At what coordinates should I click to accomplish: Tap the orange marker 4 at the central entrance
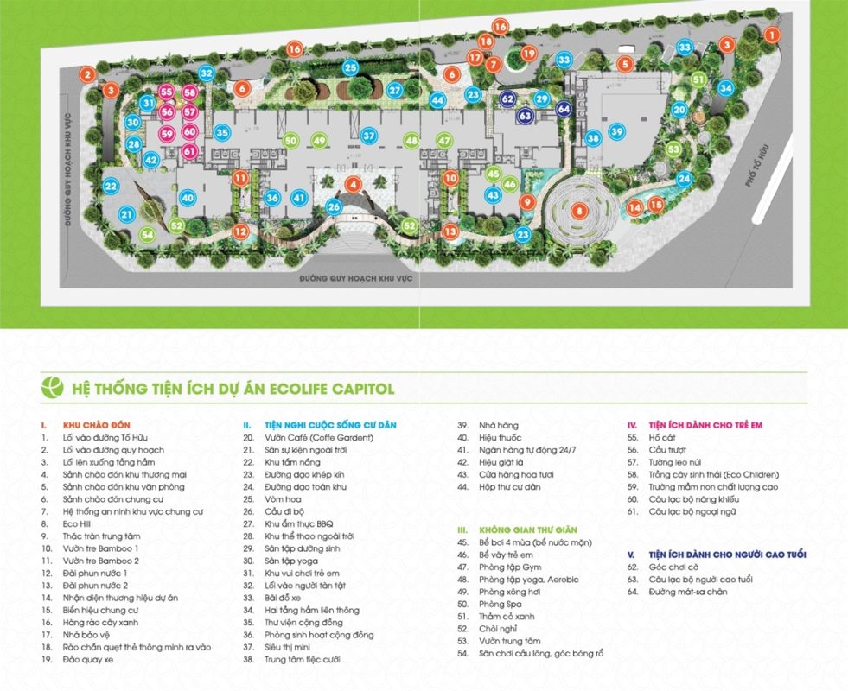tap(353, 184)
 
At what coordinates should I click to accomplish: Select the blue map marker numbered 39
tap(616, 131)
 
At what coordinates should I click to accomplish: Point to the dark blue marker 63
tap(526, 114)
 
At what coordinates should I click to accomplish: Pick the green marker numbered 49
tap(319, 141)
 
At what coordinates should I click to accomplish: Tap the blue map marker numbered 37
tap(368, 136)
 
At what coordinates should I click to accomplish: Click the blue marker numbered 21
tap(127, 215)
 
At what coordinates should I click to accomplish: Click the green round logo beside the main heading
tap(53, 388)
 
